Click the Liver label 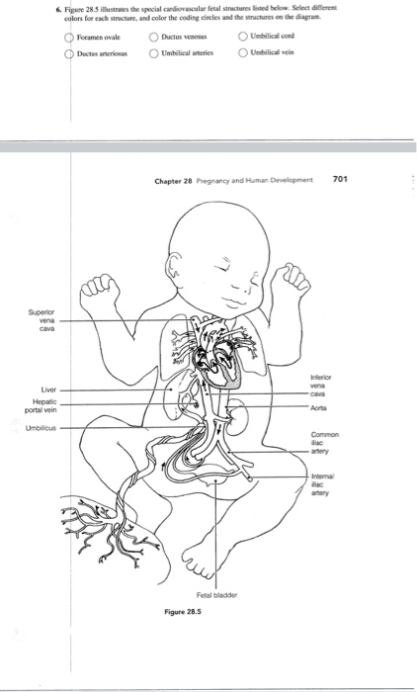(48, 389)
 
